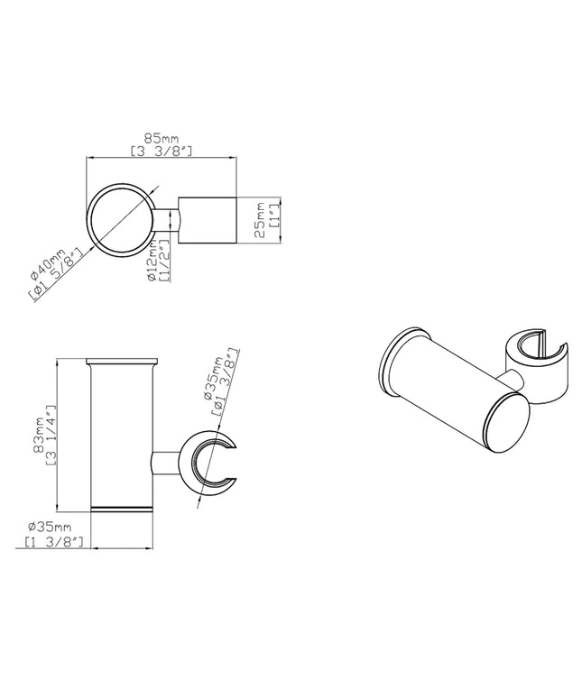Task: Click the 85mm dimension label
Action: (162, 139)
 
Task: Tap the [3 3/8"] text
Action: (162, 152)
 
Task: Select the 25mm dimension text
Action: (259, 220)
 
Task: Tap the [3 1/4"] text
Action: (51, 435)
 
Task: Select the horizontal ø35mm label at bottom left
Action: (49, 528)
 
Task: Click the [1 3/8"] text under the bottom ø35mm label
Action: (53, 542)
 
